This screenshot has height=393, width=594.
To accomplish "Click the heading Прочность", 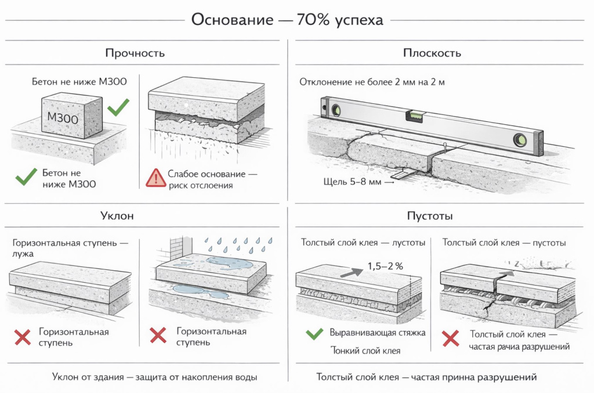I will click(x=135, y=53).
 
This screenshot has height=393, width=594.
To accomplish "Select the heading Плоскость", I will click(x=432, y=53).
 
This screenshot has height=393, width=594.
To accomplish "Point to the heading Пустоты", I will click(x=432, y=216).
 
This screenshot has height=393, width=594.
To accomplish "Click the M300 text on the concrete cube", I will click(x=63, y=117).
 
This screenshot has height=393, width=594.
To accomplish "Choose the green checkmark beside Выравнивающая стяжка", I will click(x=314, y=334).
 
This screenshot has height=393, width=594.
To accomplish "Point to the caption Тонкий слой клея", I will click(x=365, y=350).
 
